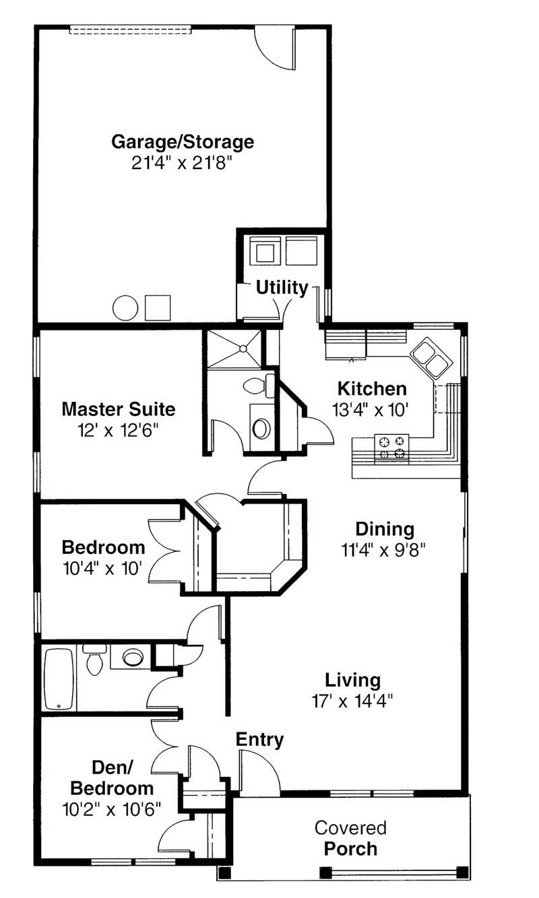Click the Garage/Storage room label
pos(183,142)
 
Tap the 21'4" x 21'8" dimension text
pos(182,163)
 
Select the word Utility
pos(282,288)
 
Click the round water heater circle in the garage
pos(125,308)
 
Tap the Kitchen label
pos(372,389)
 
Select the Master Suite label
pos(119,409)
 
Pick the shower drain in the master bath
pos(243,349)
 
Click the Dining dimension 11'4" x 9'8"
pos(383,550)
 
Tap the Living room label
pos(353,681)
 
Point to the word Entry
pos(259,740)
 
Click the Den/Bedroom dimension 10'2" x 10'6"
pos(112,809)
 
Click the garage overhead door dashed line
pos(130,30)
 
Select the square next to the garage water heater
pos(158,308)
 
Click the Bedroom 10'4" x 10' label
pos(103,558)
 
